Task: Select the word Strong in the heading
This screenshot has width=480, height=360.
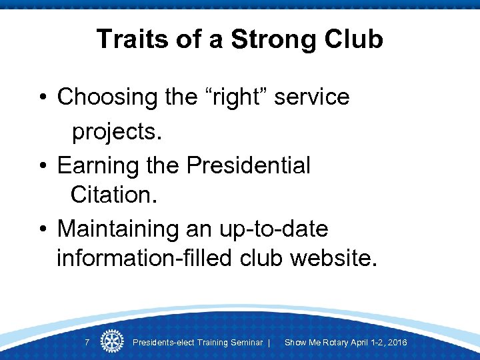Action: (264, 39)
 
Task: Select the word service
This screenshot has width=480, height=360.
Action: (312, 97)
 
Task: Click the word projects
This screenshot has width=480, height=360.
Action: (117, 132)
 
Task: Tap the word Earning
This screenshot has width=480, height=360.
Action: (99, 165)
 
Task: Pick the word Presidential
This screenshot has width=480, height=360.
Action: (249, 165)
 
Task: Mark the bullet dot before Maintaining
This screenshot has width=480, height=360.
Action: (42, 229)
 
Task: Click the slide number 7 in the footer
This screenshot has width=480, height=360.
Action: (87, 343)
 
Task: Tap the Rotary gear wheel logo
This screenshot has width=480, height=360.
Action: (112, 341)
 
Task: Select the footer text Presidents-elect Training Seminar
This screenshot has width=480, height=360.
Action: (198, 343)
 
